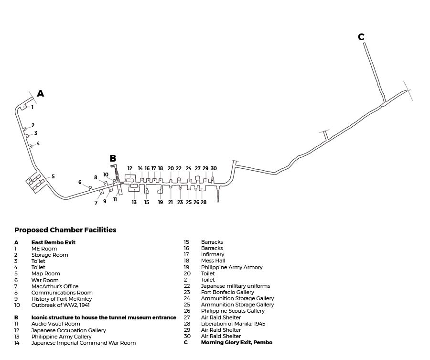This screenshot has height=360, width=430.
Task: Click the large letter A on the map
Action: tap(41, 94)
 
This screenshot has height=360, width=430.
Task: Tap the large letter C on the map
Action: tap(361, 37)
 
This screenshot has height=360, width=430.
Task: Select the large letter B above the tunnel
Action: tap(113, 159)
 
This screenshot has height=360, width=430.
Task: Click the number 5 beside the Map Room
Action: tap(53, 176)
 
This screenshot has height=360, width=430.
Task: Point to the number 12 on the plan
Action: tap(130, 168)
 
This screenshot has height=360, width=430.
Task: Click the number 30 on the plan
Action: tap(214, 168)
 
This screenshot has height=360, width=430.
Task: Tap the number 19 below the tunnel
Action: tap(161, 202)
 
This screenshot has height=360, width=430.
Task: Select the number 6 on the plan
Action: tap(80, 182)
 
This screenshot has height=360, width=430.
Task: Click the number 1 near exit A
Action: tap(32, 108)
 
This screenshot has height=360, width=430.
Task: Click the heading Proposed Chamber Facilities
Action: tap(65, 230)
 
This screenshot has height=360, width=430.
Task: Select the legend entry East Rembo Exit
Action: tap(53, 242)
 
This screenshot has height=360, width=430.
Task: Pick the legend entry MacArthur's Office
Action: tap(54, 286)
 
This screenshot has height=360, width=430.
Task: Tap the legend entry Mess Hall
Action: tap(213, 261)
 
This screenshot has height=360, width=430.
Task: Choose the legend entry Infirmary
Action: tap(212, 255)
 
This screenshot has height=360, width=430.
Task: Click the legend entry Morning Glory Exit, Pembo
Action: tap(236, 342)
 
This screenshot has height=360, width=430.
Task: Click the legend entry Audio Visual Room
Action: tap(55, 324)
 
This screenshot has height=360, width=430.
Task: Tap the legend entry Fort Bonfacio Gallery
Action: tap(227, 292)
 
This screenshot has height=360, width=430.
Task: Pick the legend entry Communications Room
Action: tap(62, 293)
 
